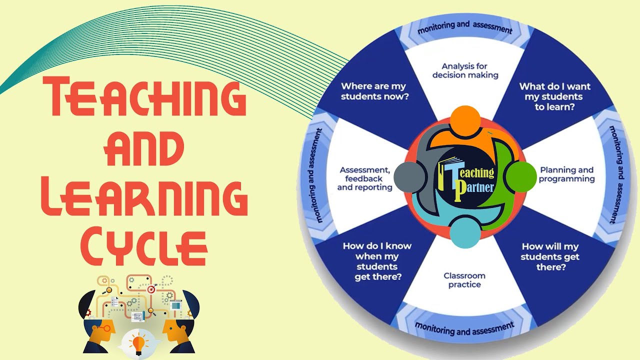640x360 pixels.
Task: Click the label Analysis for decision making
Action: (x=465, y=70)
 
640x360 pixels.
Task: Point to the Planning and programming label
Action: (x=566, y=174)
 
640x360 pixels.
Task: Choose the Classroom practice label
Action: (x=464, y=280)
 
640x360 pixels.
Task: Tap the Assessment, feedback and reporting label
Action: (x=364, y=178)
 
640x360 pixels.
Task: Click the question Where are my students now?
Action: (x=374, y=90)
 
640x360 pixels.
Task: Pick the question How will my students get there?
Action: (x=550, y=256)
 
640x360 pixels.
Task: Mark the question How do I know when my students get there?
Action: (x=377, y=261)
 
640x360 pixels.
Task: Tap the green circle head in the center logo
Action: (x=519, y=176)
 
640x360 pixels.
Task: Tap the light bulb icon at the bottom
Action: (x=138, y=343)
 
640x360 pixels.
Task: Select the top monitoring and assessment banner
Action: (x=465, y=28)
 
